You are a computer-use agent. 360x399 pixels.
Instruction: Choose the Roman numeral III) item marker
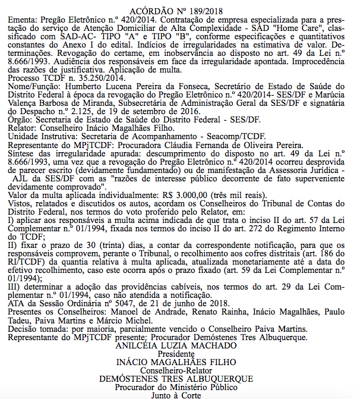(x=15, y=287)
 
